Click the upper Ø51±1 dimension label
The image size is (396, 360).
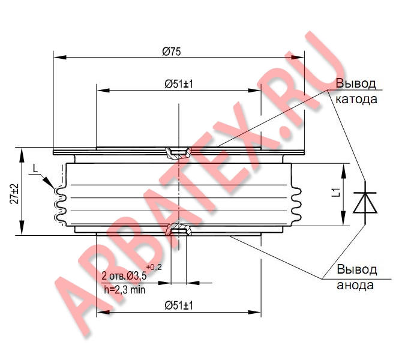(x=178, y=85)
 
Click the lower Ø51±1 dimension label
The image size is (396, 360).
(x=178, y=306)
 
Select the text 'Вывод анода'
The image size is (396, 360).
(x=356, y=277)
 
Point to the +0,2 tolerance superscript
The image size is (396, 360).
(x=153, y=266)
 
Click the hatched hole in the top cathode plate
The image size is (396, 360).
(x=178, y=152)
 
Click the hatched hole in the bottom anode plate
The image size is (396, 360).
(x=178, y=230)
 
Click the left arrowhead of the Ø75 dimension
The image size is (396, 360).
(x=58, y=58)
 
